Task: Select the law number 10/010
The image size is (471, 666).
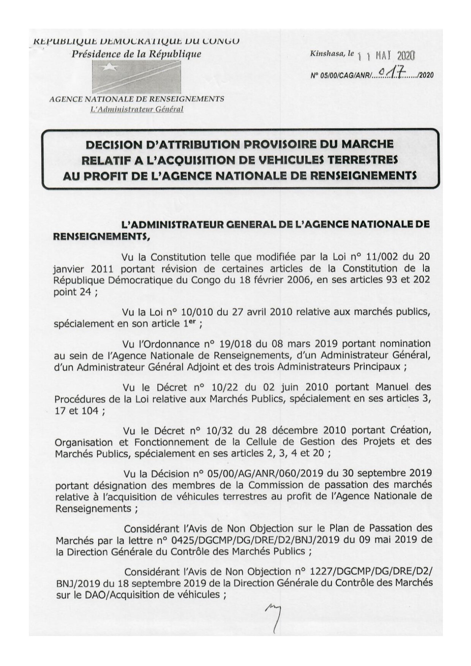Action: click(x=192, y=312)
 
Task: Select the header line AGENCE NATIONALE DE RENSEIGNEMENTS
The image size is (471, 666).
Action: click(x=136, y=99)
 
